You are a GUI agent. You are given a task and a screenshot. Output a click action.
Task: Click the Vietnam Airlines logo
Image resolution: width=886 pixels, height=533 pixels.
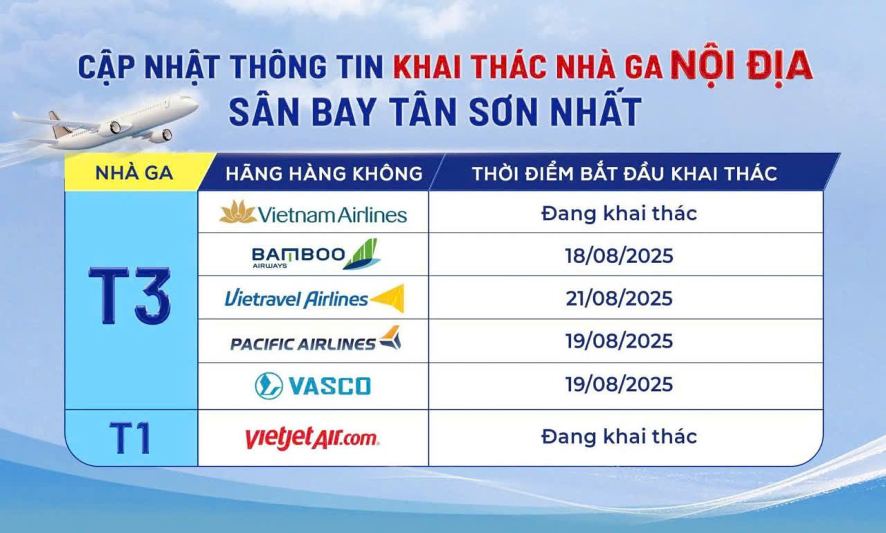(x=314, y=213)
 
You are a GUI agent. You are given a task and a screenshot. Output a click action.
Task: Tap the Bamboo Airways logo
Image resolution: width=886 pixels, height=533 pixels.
(x=316, y=254)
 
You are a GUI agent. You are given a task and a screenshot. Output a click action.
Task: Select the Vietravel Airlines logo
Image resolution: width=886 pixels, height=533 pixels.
(x=315, y=298)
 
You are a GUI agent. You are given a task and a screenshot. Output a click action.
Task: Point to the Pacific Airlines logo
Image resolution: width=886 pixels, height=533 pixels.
(x=316, y=339)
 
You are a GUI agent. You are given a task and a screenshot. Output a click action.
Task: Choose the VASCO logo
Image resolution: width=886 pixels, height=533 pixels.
(x=313, y=386)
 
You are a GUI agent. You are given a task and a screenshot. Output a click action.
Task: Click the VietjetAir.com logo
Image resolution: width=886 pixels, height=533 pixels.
(x=312, y=437)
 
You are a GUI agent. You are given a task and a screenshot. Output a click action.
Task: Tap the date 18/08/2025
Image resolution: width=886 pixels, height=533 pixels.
(x=619, y=255)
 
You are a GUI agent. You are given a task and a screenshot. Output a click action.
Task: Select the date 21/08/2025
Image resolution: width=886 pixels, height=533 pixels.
(x=619, y=298)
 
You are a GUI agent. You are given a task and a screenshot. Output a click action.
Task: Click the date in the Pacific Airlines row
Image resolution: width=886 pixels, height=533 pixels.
(x=619, y=341)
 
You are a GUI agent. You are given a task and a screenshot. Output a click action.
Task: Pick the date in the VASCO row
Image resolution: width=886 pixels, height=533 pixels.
(x=619, y=384)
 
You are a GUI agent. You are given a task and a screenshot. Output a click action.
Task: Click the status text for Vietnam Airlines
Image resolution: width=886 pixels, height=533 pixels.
(x=619, y=214)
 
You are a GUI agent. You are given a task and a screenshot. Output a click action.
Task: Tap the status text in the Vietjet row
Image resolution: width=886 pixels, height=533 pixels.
(x=619, y=437)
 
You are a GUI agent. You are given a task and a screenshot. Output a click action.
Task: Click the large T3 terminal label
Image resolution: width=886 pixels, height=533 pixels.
(x=129, y=296)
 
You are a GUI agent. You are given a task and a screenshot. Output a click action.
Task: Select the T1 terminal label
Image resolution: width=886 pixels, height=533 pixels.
(x=130, y=438)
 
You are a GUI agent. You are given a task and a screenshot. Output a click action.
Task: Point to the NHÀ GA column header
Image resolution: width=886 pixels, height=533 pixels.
(x=134, y=173)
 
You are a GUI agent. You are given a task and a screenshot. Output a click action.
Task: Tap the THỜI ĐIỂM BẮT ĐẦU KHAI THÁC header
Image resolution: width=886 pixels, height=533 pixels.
(x=625, y=173)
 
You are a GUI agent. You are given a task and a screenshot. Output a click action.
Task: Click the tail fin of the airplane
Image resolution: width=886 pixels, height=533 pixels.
(x=58, y=124)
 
